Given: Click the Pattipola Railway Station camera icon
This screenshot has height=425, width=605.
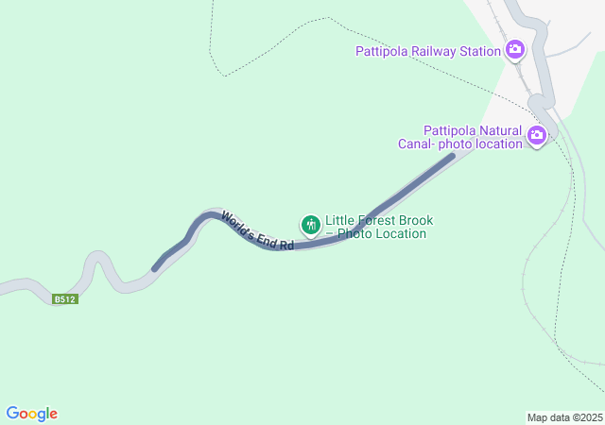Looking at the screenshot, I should [x=515, y=50].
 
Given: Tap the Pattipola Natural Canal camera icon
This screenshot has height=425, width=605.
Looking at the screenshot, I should [x=537, y=136].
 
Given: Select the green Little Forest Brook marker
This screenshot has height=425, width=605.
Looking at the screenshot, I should [x=310, y=225].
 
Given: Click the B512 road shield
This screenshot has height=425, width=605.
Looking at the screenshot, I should [x=64, y=299].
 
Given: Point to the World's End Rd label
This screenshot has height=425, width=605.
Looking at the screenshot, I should [x=257, y=231].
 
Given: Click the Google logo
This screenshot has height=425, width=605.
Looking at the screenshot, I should [x=32, y=414].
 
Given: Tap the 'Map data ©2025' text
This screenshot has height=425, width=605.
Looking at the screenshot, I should [x=564, y=417].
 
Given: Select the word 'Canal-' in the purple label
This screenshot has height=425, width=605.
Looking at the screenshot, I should [x=417, y=144].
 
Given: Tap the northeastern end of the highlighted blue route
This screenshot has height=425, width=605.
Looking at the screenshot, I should [x=451, y=156].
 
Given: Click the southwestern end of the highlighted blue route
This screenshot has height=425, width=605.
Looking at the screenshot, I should [x=155, y=268].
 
